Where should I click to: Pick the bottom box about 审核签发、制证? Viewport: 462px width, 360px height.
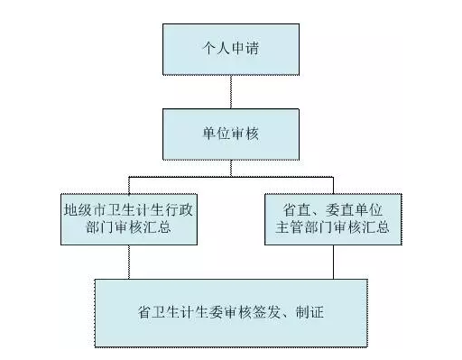[231, 313]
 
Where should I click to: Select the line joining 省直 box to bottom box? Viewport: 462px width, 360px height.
[333, 262]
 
